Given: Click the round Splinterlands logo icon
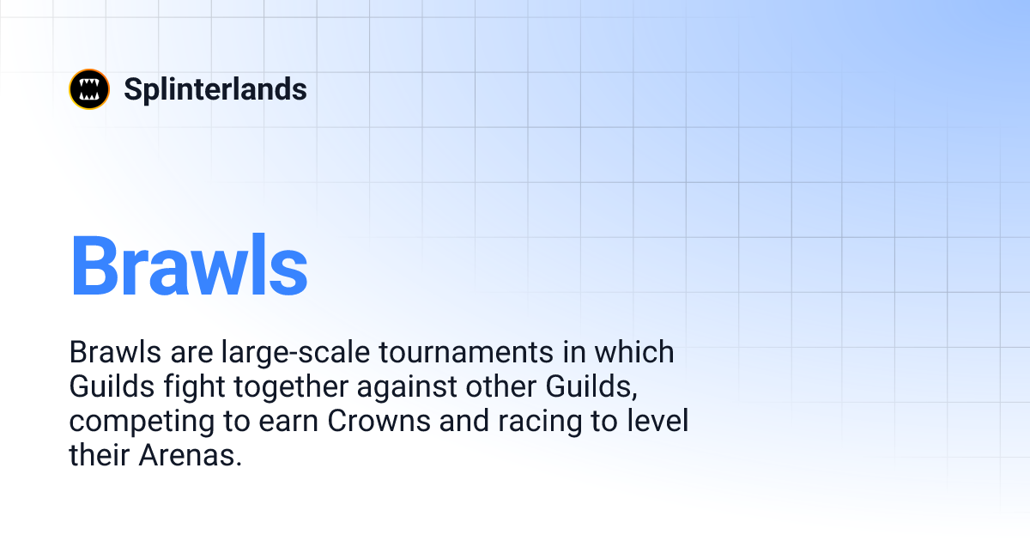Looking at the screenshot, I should point(89,89).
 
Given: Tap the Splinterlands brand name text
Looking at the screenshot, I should point(215,89).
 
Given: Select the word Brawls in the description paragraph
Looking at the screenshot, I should point(109,353).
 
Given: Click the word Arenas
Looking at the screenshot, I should point(190,456).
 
